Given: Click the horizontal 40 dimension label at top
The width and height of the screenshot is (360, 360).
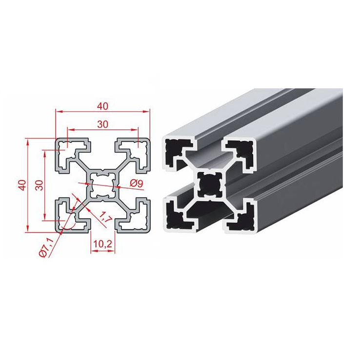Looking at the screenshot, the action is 102,106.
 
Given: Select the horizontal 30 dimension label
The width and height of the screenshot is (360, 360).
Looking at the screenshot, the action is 102,124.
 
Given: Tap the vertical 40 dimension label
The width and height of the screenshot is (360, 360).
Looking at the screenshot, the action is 23,185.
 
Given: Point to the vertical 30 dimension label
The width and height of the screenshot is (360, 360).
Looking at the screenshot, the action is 40,185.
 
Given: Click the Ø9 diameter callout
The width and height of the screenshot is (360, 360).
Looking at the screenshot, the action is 137,183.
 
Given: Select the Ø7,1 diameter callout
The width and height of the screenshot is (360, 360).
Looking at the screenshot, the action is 46,247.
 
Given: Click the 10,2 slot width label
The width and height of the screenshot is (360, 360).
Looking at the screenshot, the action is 102,243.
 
